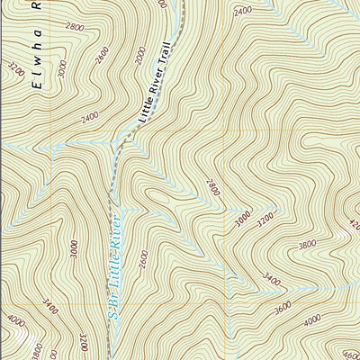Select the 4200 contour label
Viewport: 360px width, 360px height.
click(x=353, y=224)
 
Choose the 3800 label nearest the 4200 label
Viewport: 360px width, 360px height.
click(x=307, y=244)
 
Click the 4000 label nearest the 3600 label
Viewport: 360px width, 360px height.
click(x=312, y=319)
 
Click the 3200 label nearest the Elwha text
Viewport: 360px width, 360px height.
click(x=13, y=69)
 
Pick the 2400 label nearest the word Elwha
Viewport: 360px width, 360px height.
click(x=88, y=118)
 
